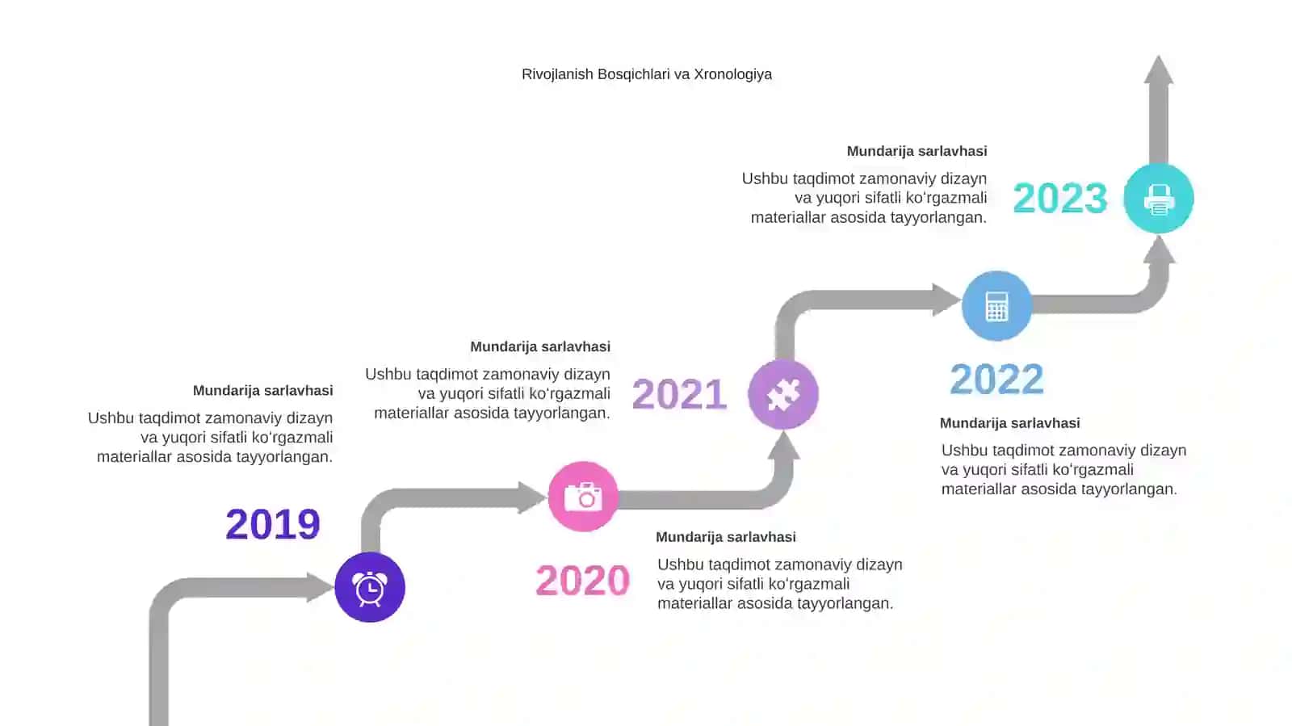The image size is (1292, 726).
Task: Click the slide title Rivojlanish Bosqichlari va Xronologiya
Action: click(x=647, y=74)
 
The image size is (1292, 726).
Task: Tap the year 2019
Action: click(x=273, y=524)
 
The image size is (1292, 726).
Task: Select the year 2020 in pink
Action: click(x=582, y=580)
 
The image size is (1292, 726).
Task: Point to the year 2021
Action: click(x=679, y=394)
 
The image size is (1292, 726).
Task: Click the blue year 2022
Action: click(x=996, y=380)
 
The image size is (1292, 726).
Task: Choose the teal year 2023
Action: click(x=1060, y=199)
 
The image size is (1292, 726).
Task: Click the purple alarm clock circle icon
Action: click(x=370, y=587)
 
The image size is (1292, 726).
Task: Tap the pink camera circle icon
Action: click(x=583, y=496)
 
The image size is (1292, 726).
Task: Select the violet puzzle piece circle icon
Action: click(x=783, y=394)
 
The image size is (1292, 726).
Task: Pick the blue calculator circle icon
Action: click(x=996, y=305)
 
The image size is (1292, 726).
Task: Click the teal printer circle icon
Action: click(x=1159, y=199)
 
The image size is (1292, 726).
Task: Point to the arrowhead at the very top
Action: click(x=1159, y=69)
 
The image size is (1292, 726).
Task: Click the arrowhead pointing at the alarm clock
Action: click(x=320, y=587)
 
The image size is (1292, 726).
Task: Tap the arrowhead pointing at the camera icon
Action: click(x=532, y=497)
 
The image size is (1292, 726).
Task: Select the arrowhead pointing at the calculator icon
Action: click(x=946, y=300)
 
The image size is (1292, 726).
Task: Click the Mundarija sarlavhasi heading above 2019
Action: click(x=263, y=391)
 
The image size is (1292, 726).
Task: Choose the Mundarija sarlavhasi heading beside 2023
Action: click(x=917, y=152)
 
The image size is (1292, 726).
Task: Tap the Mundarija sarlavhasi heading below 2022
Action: click(x=1010, y=423)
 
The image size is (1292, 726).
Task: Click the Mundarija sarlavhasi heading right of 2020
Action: click(x=726, y=538)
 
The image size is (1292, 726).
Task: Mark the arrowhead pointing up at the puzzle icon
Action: click(x=783, y=445)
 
